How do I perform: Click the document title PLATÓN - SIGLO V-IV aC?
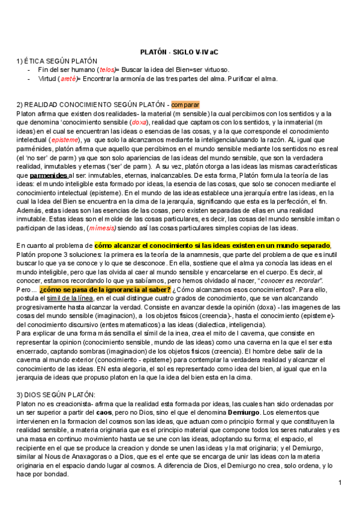click(179, 52)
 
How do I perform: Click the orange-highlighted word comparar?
click(185, 104)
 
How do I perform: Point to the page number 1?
click(340, 483)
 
